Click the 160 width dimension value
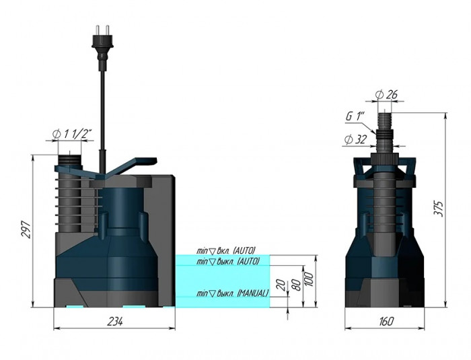tap(386, 322)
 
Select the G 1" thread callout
tap(355, 116)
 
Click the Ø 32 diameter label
tap(355, 139)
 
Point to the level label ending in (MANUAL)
tap(232, 293)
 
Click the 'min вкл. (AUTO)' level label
tap(226, 250)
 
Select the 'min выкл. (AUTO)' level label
tap(227, 260)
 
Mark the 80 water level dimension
tap(295, 283)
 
